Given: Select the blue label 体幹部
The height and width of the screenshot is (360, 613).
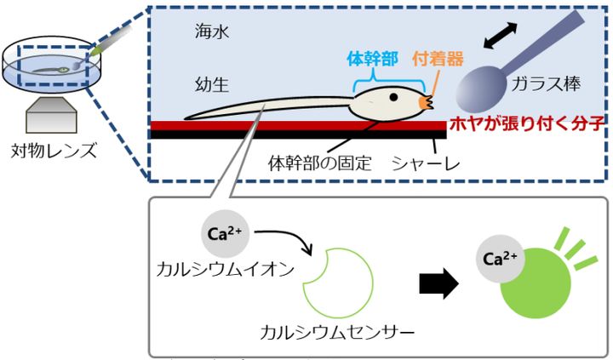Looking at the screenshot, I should (373, 60).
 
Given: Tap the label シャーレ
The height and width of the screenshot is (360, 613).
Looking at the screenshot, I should (420, 163).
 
